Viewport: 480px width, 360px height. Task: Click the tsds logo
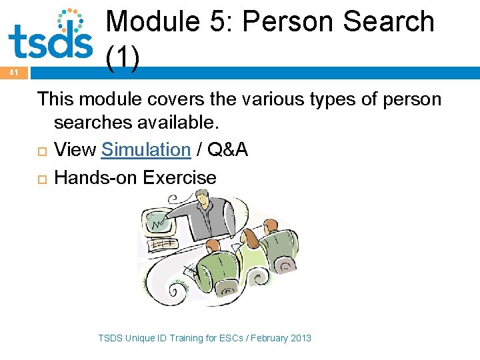click(50, 35)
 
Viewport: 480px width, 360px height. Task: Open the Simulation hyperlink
click(146, 150)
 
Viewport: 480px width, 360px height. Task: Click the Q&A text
click(228, 150)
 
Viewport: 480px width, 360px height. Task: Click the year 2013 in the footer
click(300, 338)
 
